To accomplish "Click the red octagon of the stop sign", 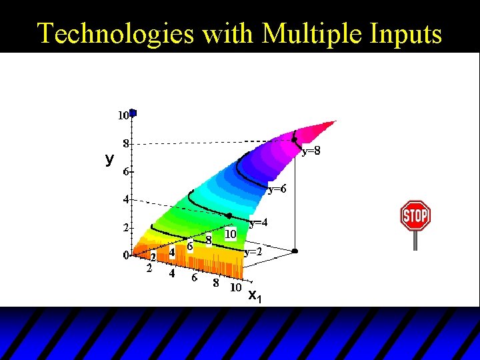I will tap(415, 215).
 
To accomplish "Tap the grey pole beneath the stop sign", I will tap(415, 240).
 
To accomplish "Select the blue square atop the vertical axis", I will tap(133, 113).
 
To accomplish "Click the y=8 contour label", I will tap(311, 151).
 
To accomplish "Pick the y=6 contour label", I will tap(277, 189).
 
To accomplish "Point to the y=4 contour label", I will tap(259, 222).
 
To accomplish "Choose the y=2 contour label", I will tap(253, 252).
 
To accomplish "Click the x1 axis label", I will tap(255, 295).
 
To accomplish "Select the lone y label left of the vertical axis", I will tap(109, 159).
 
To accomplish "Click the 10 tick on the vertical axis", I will tap(123, 116).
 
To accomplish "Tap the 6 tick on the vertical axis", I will tap(125, 171).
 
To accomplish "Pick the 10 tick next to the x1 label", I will tap(235, 287).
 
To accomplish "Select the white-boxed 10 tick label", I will tap(230, 234).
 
